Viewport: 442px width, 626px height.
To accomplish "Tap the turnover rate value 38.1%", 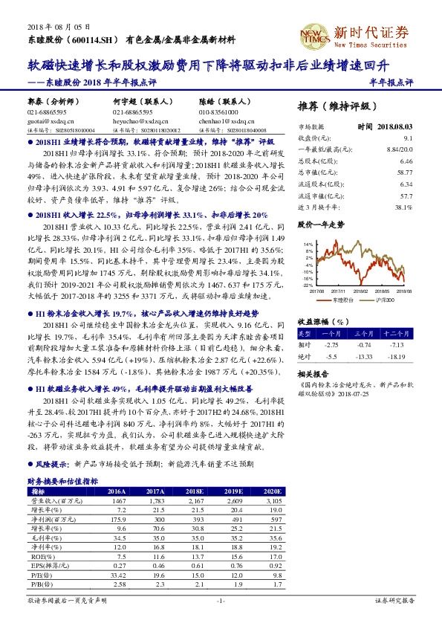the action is [x=404, y=207].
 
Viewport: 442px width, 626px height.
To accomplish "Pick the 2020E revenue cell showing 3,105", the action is [x=273, y=502].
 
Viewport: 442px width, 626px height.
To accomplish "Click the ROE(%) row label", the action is [x=37, y=554].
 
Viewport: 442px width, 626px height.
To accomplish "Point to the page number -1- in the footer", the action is [x=221, y=599].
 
